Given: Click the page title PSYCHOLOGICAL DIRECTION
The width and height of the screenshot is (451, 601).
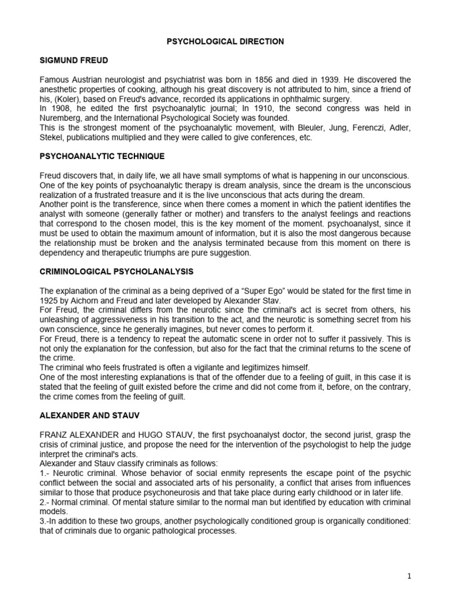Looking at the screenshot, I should point(225,42).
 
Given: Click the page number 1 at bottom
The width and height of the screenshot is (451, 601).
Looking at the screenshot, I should point(409,576).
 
